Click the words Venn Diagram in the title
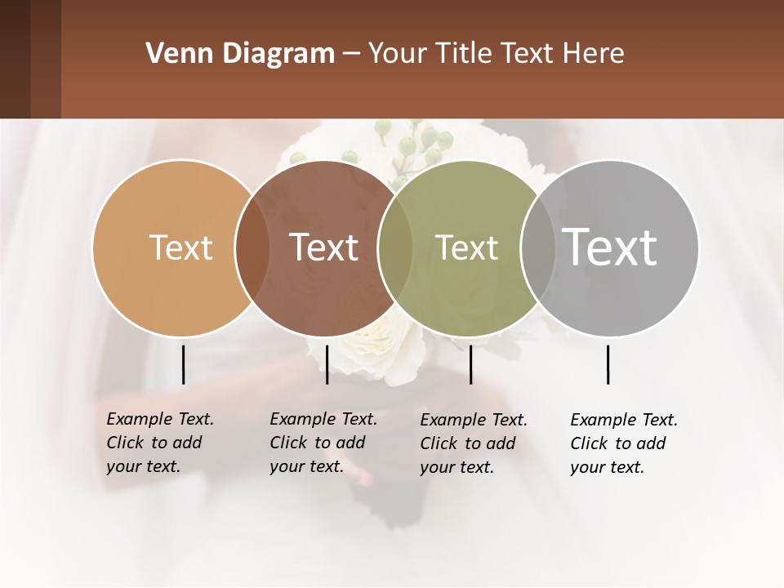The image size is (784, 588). pyautogui.click(x=239, y=54)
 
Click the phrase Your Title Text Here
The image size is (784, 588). pyautogui.click(x=496, y=54)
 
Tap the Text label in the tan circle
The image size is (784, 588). pyautogui.click(x=180, y=247)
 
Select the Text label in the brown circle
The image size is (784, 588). pyautogui.click(x=323, y=247)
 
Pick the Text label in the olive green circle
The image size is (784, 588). pyautogui.click(x=466, y=247)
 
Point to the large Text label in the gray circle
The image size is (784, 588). pyautogui.click(x=609, y=247)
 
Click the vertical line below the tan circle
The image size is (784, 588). pyautogui.click(x=183, y=364)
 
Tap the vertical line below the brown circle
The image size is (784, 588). pyautogui.click(x=327, y=364)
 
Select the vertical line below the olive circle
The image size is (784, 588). pyautogui.click(x=470, y=364)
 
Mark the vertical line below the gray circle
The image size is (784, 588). pyautogui.click(x=608, y=364)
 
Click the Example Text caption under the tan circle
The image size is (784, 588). pyautogui.click(x=160, y=443)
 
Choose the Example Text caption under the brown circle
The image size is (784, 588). pyautogui.click(x=323, y=443)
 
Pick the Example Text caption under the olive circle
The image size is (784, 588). pyautogui.click(x=474, y=443)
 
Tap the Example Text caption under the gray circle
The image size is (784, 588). pyautogui.click(x=624, y=443)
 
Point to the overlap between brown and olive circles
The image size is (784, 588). pyautogui.click(x=395, y=247)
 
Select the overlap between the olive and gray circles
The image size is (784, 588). pyautogui.click(x=539, y=247)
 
